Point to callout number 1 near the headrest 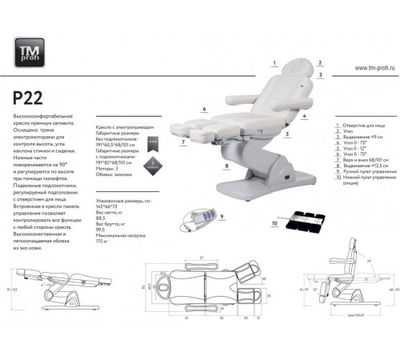pos(274,62)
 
